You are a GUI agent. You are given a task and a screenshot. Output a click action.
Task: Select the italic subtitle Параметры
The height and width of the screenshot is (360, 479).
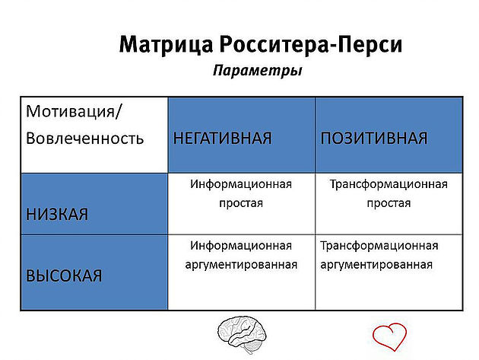[x=257, y=71]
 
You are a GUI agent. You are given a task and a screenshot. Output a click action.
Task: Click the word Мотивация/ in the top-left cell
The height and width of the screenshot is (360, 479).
[x=74, y=113]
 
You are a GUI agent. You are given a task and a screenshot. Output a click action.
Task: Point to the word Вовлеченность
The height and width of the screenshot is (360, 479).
[x=84, y=139]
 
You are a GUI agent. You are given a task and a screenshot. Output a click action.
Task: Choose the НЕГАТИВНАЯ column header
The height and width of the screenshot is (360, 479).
[x=222, y=139]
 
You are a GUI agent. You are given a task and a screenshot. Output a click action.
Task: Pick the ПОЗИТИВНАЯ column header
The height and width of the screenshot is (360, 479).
[x=373, y=139]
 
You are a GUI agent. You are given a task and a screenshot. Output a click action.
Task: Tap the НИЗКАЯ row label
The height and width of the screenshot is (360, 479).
[x=57, y=214]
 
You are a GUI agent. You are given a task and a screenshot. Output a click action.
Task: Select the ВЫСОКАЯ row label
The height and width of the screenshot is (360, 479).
[x=64, y=276]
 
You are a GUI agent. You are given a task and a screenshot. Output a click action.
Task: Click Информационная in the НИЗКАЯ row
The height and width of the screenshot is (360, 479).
[x=241, y=184]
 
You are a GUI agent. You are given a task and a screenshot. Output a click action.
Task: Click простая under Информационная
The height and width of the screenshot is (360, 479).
[x=241, y=203]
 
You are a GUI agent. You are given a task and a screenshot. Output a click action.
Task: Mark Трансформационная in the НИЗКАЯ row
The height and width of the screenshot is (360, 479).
[x=389, y=184]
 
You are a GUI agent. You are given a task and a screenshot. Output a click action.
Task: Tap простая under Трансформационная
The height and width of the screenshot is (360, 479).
[x=389, y=203]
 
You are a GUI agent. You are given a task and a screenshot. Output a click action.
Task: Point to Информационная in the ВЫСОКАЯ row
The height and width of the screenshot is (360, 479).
[x=241, y=246]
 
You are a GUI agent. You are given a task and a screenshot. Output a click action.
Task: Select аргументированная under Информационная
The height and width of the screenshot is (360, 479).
[x=241, y=265]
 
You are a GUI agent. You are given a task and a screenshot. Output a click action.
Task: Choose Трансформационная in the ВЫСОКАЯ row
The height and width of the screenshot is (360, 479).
[x=379, y=246]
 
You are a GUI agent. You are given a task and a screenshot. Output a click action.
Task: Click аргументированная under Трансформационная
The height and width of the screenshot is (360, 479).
[x=376, y=265]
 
